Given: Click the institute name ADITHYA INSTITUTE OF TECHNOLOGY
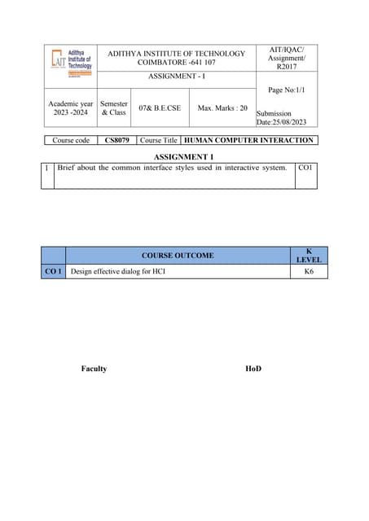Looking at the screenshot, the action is click(x=176, y=54).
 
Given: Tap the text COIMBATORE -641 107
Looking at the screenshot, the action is click(x=176, y=63).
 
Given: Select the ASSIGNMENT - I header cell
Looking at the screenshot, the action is click(x=176, y=76).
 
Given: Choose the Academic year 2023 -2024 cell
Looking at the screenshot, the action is click(x=70, y=108).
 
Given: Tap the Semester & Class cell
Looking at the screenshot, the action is click(x=114, y=108).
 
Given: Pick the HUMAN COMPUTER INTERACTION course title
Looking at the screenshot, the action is click(x=250, y=140).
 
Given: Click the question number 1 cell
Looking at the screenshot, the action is click(x=47, y=168).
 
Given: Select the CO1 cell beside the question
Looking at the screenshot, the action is click(x=305, y=168).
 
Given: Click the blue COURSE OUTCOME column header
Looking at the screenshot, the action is click(x=177, y=256).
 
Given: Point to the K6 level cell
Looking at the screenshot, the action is click(x=309, y=271).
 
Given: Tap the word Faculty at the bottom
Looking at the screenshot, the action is click(x=94, y=369).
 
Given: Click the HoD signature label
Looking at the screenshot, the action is click(x=253, y=369).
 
